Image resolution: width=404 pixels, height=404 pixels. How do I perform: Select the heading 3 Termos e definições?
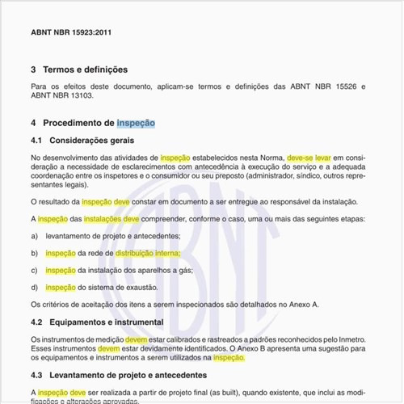coord(79,69)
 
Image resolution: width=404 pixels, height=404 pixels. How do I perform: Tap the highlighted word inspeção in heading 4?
coord(135,123)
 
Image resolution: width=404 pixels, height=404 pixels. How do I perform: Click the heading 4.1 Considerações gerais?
coord(82,141)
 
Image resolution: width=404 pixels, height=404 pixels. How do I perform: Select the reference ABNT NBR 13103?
coord(61,95)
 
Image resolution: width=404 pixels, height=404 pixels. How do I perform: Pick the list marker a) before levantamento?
coord(35,235)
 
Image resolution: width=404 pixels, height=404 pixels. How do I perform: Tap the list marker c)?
coord(35,270)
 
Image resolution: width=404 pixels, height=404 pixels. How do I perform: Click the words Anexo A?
coord(304,305)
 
